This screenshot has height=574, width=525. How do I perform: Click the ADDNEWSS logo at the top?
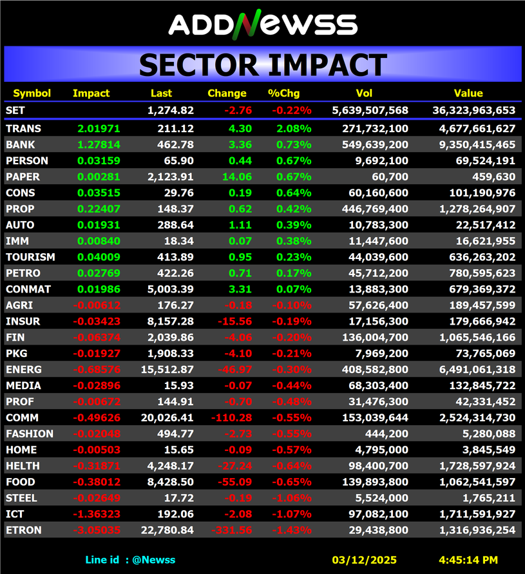263,24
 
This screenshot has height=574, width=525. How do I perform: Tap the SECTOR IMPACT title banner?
263,65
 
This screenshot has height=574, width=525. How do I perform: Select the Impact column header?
91,93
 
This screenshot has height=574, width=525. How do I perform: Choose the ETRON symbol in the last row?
23,530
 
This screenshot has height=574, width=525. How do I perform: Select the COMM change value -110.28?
232,418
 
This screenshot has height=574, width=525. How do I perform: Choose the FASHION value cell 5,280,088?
489,434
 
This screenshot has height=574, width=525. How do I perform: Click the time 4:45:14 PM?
468,560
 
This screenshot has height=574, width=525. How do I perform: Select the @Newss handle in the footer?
153,560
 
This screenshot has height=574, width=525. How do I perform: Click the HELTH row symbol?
23,466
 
